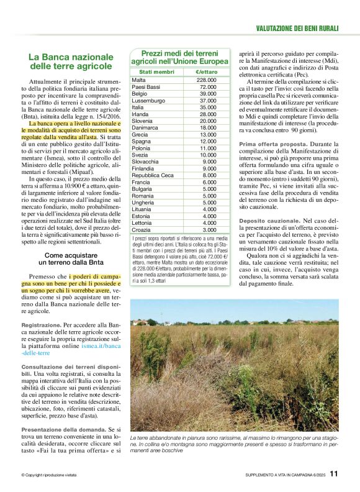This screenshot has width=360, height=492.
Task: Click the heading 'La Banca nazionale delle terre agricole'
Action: [x=71, y=61]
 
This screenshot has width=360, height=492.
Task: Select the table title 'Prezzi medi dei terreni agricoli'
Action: [x=180, y=57]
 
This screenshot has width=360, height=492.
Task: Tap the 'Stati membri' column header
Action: [x=153, y=73]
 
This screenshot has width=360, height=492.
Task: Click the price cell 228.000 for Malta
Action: [x=206, y=80]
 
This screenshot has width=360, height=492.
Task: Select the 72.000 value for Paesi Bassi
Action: [x=207, y=87]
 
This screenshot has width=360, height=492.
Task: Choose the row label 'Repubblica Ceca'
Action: [x=153, y=175]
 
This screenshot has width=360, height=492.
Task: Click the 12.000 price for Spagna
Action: [x=207, y=141]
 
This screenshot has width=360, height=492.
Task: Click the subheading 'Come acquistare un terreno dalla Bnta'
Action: [x=71, y=259]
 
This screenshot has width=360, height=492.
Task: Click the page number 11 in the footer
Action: [x=333, y=473]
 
